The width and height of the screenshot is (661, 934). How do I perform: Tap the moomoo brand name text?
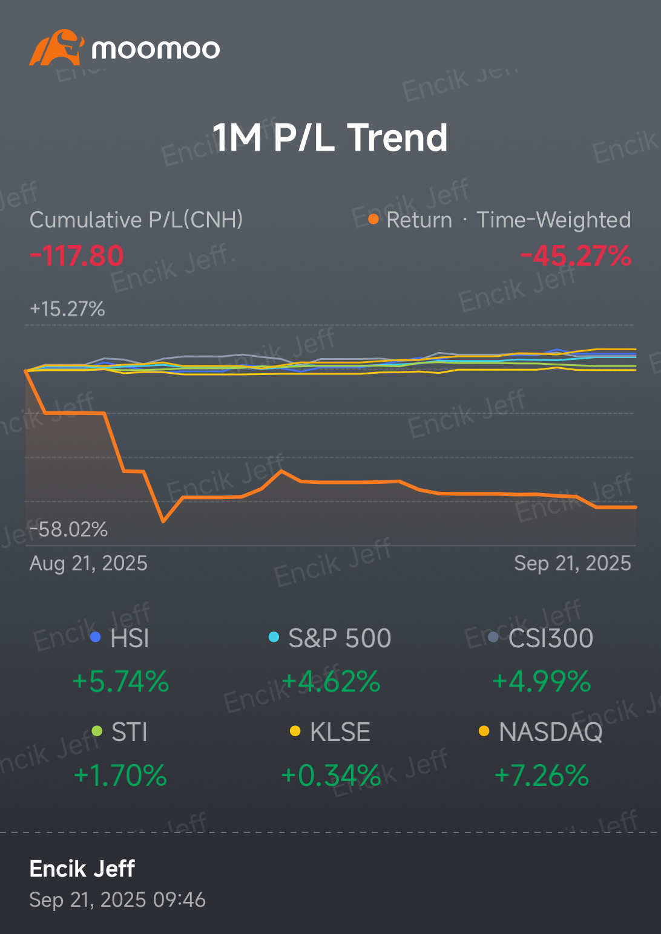click(x=156, y=49)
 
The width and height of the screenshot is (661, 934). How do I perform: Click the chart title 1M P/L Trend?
click(x=330, y=138)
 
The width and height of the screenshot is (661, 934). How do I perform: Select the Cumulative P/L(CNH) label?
click(x=136, y=220)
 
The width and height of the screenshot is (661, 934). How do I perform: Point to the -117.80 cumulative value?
click(x=77, y=256)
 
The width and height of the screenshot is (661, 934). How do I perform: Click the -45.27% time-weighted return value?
click(x=575, y=256)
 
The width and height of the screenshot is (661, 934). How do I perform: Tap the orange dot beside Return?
click(x=373, y=219)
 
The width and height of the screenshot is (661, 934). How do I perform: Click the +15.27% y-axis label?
click(x=67, y=309)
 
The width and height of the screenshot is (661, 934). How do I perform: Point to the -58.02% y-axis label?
click(x=68, y=529)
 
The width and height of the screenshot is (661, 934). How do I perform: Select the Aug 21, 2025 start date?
click(x=88, y=563)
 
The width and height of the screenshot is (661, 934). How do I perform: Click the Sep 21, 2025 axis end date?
click(x=572, y=563)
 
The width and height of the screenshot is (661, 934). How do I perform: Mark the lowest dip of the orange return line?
click(x=163, y=521)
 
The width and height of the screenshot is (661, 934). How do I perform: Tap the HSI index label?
click(x=130, y=638)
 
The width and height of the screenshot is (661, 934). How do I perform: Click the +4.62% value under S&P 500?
click(x=330, y=682)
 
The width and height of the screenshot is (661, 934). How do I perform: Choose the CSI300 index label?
click(x=550, y=638)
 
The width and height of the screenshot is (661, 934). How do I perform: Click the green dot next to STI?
click(x=97, y=732)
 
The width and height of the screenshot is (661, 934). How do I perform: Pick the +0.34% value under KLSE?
click(x=330, y=776)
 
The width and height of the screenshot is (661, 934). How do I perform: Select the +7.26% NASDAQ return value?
click(x=541, y=776)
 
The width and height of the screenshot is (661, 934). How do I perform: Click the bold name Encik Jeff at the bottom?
click(x=82, y=869)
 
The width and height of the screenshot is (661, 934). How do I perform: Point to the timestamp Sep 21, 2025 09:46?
click(x=117, y=900)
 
